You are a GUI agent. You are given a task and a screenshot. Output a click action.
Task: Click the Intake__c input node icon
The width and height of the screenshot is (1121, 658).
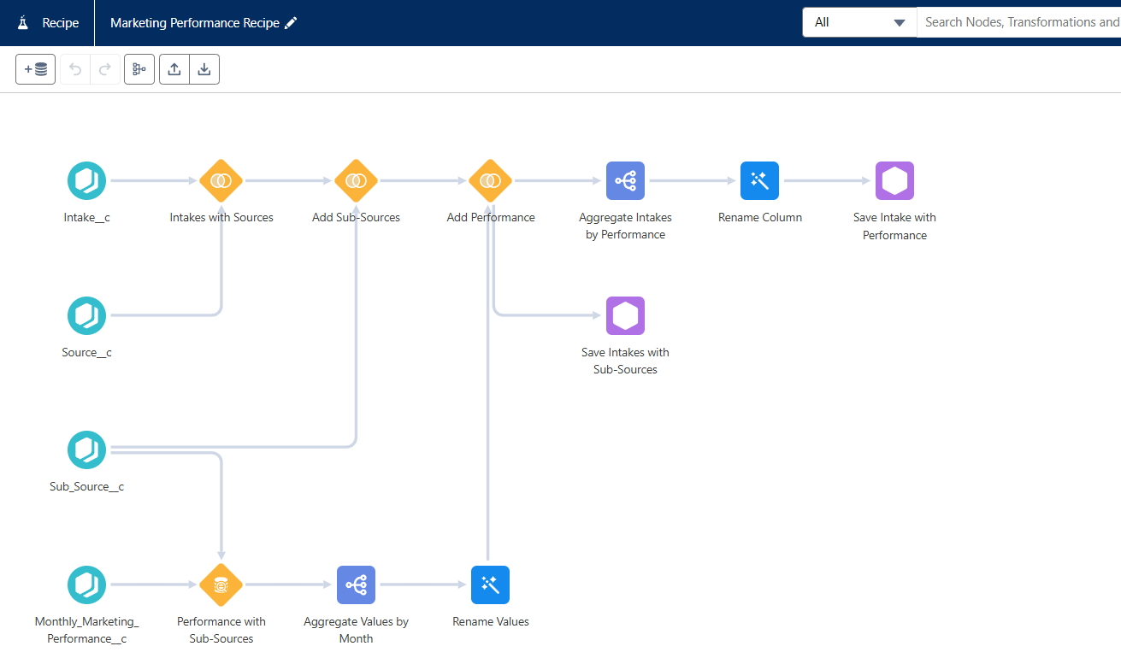(x=86, y=180)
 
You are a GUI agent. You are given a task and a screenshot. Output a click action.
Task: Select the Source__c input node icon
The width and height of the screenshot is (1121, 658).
(x=86, y=315)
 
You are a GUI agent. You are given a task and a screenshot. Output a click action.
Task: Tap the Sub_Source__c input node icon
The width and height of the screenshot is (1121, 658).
(x=86, y=450)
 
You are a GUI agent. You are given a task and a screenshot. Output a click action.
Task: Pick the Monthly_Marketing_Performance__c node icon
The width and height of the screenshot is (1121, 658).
(x=86, y=585)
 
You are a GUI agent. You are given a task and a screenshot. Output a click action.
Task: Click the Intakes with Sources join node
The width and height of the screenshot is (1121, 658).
(x=221, y=180)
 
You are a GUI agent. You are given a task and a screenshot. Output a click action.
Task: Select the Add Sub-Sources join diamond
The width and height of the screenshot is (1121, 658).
(x=356, y=180)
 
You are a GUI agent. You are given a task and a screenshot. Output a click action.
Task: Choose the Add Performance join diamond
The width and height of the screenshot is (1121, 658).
(x=491, y=180)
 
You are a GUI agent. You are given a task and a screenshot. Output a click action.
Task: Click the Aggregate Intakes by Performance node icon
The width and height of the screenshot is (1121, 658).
(x=625, y=180)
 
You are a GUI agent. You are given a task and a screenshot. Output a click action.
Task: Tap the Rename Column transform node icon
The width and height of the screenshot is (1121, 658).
(x=759, y=180)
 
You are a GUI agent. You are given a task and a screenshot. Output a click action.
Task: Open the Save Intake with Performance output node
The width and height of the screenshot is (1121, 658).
(x=894, y=180)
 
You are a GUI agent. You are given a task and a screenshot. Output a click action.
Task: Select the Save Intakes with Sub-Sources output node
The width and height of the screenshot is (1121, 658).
(x=625, y=315)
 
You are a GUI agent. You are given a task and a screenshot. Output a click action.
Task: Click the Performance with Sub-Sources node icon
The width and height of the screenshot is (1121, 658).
(x=221, y=585)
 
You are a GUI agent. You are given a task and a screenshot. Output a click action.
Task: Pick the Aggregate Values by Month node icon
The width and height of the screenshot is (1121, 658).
(x=356, y=585)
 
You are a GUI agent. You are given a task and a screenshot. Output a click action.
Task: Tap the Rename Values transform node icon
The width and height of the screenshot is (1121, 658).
(x=491, y=585)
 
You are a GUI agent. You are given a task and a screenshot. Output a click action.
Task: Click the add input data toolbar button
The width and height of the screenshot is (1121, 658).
(x=36, y=69)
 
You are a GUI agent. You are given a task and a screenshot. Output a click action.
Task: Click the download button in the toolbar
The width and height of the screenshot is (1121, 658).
(x=204, y=69)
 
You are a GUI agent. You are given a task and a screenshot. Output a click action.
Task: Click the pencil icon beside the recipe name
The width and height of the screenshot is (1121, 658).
(x=291, y=23)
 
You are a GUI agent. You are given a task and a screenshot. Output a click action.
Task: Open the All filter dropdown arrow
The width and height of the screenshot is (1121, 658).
(x=900, y=22)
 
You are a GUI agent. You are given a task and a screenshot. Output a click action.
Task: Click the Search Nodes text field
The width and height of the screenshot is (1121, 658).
(x=1019, y=22)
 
